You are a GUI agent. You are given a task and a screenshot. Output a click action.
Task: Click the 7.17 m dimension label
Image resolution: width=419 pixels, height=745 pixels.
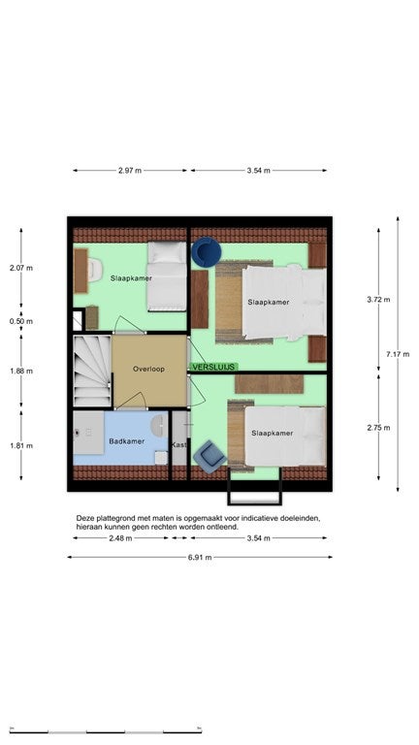(397, 354)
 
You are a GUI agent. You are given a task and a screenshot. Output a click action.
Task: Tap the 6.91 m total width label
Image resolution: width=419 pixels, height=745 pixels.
(200, 558)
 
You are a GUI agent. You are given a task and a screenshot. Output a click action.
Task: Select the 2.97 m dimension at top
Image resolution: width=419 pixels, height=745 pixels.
(130, 171)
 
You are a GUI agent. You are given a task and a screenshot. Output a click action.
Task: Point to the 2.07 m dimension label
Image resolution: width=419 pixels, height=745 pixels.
(21, 268)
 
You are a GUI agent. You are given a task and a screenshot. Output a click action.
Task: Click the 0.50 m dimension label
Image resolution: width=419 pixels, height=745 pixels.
(21, 321)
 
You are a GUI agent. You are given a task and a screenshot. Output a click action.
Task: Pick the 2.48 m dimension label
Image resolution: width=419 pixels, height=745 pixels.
(120, 538)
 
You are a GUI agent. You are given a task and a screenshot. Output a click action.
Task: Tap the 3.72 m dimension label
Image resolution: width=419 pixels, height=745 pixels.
(378, 300)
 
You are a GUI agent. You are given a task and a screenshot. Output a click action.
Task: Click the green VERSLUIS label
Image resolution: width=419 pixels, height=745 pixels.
(213, 367)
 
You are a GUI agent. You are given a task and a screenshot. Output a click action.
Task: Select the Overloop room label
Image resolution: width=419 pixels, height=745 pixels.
(148, 369)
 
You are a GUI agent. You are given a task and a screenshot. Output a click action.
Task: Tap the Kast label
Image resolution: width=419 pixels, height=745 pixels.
(179, 445)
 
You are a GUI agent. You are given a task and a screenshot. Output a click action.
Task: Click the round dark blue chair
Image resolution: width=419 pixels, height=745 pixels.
(207, 252)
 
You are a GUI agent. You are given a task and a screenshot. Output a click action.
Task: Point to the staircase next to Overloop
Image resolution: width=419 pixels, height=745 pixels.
(93, 372)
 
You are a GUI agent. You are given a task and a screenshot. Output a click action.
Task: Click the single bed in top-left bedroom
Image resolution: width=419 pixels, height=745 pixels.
(166, 276)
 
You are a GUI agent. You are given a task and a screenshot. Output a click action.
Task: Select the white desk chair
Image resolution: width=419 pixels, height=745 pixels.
(95, 270)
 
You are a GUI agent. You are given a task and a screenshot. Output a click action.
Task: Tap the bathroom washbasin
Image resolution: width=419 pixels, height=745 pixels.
(158, 426)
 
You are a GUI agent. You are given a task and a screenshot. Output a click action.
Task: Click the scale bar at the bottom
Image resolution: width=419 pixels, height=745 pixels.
(106, 730)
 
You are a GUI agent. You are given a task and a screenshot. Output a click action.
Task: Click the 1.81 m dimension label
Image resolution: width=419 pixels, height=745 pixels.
(21, 445)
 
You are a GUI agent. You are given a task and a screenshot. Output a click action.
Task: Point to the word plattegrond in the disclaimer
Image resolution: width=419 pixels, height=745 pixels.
(114, 518)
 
